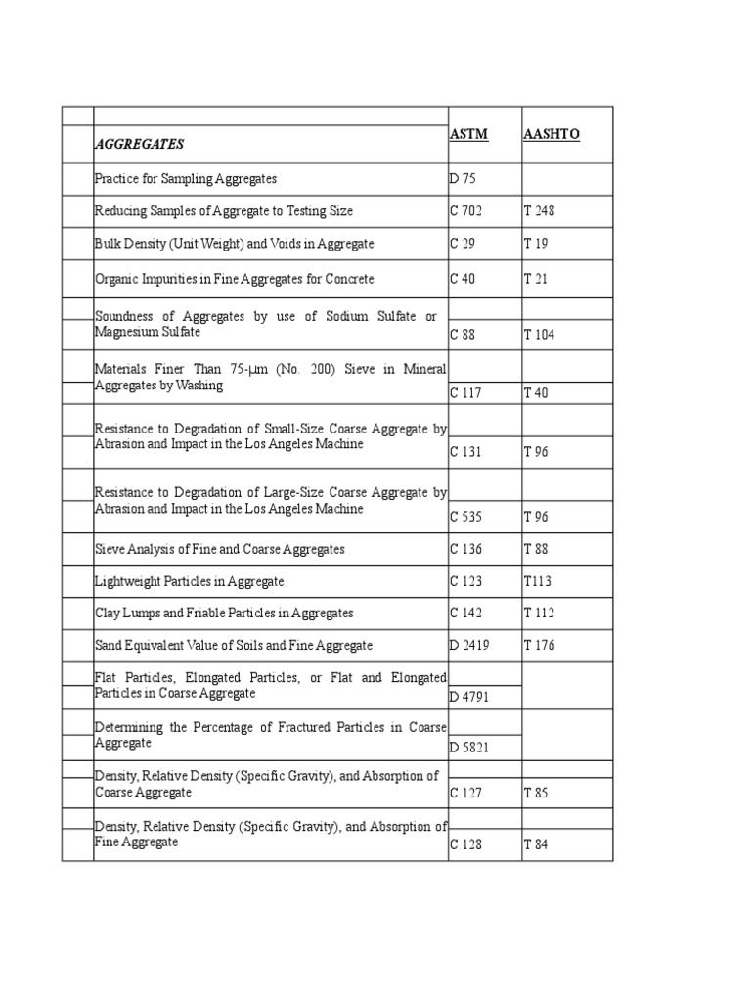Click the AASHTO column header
click(552, 134)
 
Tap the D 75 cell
click(461, 179)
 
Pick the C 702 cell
click(465, 211)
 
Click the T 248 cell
click(540, 211)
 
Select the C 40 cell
click(462, 279)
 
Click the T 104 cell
click(540, 335)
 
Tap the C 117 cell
click(465, 393)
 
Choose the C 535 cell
click(465, 516)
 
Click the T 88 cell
click(536, 549)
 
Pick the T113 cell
click(538, 581)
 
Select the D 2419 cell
click(469, 646)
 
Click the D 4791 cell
click(469, 697)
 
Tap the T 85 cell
click(536, 794)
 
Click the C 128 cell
click(465, 844)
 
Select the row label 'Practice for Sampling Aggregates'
click(186, 179)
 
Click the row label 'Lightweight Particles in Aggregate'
click(189, 581)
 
